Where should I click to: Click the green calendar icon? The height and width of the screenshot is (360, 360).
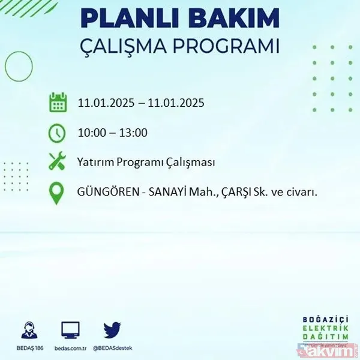point(57,103)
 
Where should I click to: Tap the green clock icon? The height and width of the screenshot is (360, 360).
point(57,133)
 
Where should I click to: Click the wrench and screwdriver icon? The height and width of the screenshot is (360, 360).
point(57,162)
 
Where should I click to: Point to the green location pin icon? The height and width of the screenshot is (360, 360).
point(57,193)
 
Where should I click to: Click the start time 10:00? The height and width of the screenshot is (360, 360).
point(91,133)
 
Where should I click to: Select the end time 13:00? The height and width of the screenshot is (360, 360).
point(134,133)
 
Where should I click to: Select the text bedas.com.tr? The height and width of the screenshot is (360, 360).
point(70,347)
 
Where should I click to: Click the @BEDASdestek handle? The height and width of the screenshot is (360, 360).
point(112,347)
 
